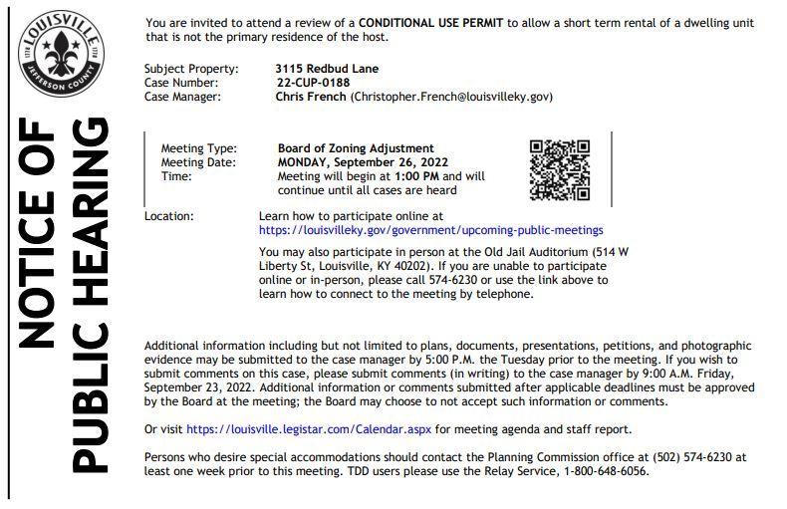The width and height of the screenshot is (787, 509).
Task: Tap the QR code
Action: point(559,169)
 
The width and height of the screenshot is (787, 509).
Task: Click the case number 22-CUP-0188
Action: point(313,83)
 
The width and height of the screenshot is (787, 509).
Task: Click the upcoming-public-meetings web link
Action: point(430,229)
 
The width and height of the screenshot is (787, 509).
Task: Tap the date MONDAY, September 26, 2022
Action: point(363,162)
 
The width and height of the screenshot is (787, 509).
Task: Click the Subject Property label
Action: point(191,69)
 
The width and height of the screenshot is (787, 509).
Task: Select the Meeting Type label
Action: point(198,148)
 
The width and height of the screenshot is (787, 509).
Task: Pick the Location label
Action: point(169,215)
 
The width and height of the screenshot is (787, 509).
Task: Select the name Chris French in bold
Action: point(310,97)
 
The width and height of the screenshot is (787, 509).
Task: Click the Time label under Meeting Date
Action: point(175,176)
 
